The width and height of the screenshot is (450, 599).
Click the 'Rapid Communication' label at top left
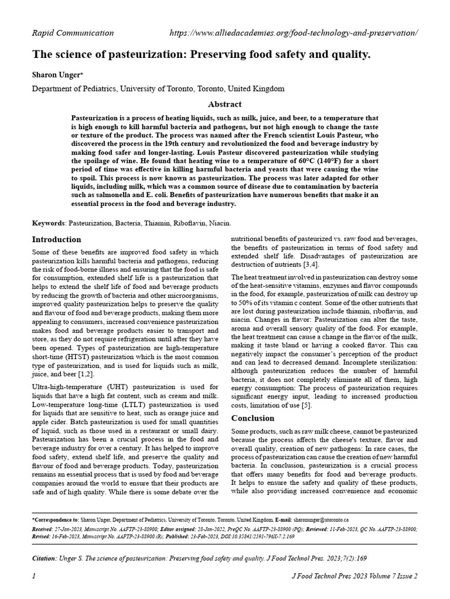pyautogui.click(x=73, y=33)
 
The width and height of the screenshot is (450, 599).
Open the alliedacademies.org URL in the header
pyautogui.click(x=294, y=33)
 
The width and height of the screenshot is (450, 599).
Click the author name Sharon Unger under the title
pyautogui.click(x=56, y=76)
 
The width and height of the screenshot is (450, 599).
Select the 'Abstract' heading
pyautogui.click(x=225, y=104)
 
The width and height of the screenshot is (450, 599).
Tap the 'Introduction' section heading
pyautogui.click(x=56, y=239)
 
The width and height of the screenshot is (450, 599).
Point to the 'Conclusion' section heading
pyautogui.click(x=253, y=418)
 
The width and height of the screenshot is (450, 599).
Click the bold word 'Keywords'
pyautogui.click(x=49, y=223)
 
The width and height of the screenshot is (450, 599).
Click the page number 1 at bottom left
pyautogui.click(x=33, y=576)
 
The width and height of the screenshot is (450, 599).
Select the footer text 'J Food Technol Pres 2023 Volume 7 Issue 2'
pyautogui.click(x=354, y=576)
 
